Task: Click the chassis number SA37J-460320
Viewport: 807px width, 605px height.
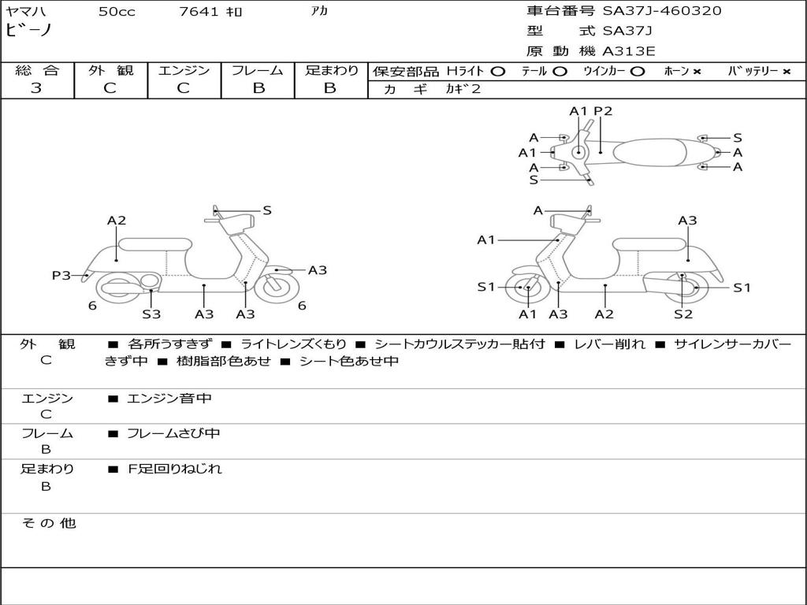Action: point(662,11)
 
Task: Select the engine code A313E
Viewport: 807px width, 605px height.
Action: point(629,51)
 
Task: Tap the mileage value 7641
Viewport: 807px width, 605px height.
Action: point(200,12)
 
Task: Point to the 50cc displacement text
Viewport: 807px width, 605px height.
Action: point(117,12)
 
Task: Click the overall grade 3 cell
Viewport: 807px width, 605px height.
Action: point(36,88)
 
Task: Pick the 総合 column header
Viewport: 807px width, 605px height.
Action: point(37,70)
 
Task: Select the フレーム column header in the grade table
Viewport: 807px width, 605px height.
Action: point(258,70)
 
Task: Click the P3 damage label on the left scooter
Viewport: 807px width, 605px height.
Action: point(61,275)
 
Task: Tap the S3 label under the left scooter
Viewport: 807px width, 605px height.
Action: point(151,314)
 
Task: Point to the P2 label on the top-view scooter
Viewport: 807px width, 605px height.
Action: point(603,111)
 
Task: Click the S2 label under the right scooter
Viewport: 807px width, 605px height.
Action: point(682,314)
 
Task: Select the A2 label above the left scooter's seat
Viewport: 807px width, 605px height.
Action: point(117,221)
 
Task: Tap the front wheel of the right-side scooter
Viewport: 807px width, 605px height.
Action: point(527,288)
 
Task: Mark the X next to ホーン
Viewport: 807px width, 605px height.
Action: point(697,71)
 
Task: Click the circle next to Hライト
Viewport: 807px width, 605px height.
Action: point(498,71)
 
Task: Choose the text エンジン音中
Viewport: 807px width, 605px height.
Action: point(169,399)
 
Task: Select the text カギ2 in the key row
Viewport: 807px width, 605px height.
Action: point(463,89)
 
